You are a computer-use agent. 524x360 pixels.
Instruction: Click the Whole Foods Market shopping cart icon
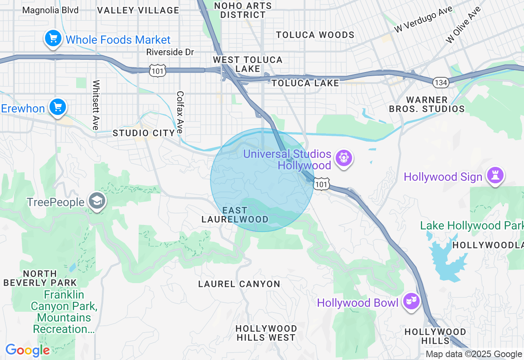click(53, 39)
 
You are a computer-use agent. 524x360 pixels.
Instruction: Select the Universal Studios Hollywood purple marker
click(343, 157)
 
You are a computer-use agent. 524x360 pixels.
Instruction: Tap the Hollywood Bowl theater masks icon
click(411, 301)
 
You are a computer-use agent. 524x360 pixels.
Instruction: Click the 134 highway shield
click(440, 83)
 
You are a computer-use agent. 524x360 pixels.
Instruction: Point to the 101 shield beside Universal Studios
click(322, 185)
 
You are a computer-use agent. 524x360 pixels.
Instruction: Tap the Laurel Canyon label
click(239, 284)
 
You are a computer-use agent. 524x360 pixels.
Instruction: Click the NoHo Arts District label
click(243, 10)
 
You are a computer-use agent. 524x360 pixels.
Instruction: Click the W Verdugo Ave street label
click(423, 20)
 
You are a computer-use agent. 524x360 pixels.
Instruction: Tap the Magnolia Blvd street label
click(50, 10)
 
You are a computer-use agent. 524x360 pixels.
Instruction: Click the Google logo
click(27, 351)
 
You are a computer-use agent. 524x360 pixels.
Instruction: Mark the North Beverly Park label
click(40, 278)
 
